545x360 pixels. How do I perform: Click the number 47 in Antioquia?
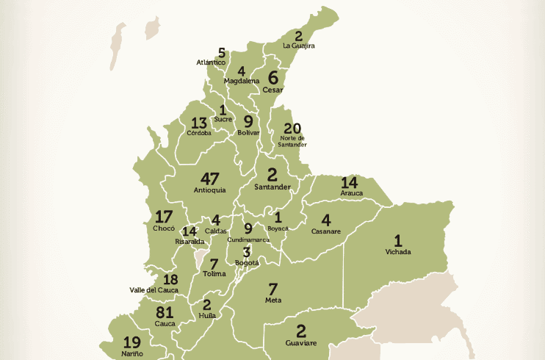point(209,179)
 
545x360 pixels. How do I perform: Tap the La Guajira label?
point(299,46)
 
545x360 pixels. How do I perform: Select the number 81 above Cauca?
point(165,312)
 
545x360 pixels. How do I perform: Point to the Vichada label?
point(398,252)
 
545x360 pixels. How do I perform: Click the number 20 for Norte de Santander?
point(292,128)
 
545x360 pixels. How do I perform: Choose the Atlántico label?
point(211,62)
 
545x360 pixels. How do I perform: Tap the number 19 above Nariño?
point(132,342)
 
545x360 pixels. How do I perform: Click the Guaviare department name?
point(300,342)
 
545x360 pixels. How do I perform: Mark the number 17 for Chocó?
point(164,217)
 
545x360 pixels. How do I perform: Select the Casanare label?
point(325,231)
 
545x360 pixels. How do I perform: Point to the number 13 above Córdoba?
point(199,123)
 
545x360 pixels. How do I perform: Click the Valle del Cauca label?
point(154,290)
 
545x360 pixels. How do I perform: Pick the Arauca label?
point(352,193)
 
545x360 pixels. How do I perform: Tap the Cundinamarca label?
point(248,240)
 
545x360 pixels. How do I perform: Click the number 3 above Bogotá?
point(247,251)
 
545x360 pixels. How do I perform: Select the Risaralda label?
point(190,241)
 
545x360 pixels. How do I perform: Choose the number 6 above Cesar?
point(272,77)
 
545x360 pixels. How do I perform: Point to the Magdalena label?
point(242,81)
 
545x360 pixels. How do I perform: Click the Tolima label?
point(214,274)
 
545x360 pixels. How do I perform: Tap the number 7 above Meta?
point(273,289)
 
